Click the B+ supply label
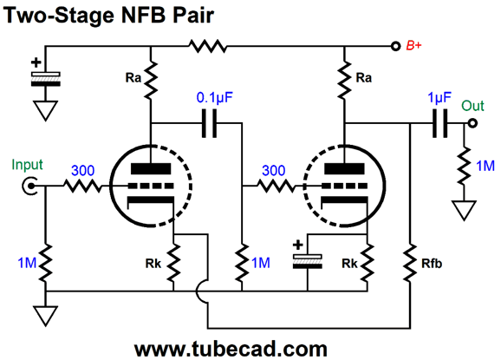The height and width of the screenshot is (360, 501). coord(413,46)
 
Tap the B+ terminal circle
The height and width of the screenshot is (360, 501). coord(395,46)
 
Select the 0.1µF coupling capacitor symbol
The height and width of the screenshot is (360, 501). coord(210,123)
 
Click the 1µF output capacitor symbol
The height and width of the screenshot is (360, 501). coord(440,123)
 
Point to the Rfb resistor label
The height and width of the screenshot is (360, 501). coord(432,264)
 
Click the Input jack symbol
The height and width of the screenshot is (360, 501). coord(29,186)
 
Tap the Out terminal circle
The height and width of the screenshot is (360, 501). coord(472,123)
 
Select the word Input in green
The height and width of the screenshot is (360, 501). coord(27,165)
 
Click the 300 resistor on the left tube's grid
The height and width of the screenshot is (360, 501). coord(82,186)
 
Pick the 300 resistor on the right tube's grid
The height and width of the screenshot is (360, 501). coord(276,186)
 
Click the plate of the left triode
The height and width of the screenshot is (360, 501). coord(151,169)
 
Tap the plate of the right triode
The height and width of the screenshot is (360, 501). coord(344,169)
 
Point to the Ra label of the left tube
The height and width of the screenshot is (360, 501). coord(133,78)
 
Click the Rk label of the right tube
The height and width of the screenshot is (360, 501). coord(349,264)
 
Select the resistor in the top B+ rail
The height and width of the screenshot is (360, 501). coord(208,46)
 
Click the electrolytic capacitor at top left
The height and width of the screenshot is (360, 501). coord(45,79)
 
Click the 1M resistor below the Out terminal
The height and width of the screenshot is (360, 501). coord(465,166)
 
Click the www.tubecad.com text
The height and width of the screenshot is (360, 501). coord(231,349)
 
